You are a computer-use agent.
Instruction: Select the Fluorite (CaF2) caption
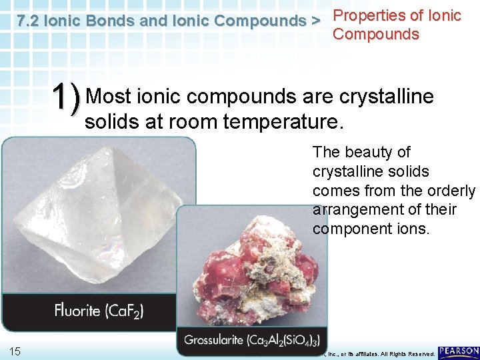tap(99, 310)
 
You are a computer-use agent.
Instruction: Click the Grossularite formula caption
tap(252, 340)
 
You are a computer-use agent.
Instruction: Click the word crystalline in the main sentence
tap(387, 97)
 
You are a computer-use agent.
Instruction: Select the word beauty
tap(373, 152)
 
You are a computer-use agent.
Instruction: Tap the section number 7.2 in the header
tap(29, 21)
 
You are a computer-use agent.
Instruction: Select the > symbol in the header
tap(315, 21)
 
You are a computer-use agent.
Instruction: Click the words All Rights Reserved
tap(407, 353)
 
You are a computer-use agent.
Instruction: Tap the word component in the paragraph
tap(351, 229)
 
